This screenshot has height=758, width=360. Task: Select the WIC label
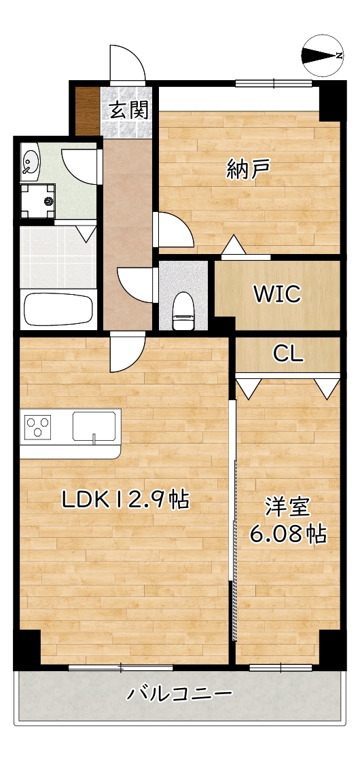pyautogui.click(x=277, y=294)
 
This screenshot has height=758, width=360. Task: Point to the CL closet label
pyautogui.click(x=288, y=354)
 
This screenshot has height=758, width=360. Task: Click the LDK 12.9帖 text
pyautogui.click(x=125, y=501)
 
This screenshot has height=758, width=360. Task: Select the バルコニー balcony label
pyautogui.click(x=180, y=694)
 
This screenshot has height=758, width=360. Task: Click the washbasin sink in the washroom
pyautogui.click(x=31, y=161)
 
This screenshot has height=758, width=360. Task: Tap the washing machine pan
pyautogui.click(x=39, y=200)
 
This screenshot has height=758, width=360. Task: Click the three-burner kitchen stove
pyautogui.click(x=38, y=427)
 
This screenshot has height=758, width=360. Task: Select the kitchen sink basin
pyautogui.click(x=95, y=427)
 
